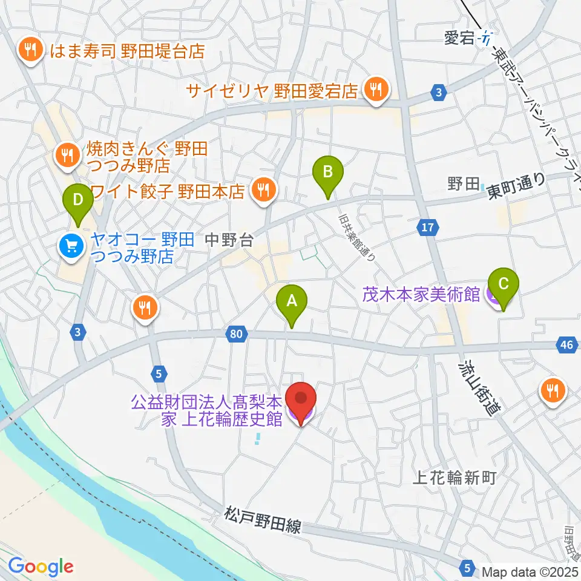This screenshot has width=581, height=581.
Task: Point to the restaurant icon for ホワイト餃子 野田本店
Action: (x=263, y=191)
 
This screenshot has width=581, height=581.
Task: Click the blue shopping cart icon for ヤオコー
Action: (x=71, y=245)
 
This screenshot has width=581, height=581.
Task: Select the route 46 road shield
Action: (x=565, y=345)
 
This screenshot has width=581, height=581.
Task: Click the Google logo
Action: (x=41, y=566)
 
